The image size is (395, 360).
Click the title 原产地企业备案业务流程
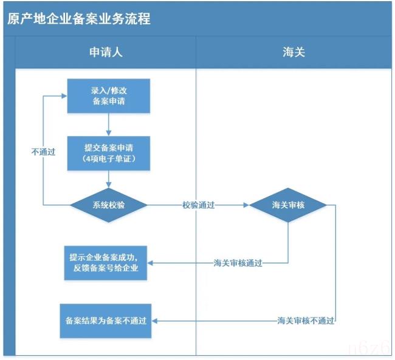point(79,19)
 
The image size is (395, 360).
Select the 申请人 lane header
point(106,52)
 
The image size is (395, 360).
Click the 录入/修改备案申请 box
point(109,96)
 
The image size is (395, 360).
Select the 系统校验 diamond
point(109,205)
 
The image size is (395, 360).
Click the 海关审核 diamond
point(288,205)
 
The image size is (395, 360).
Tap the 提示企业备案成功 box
point(106,263)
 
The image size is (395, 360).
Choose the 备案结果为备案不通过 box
point(106,320)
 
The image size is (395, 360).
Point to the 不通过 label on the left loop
point(43,152)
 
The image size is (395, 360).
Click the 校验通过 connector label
point(198,205)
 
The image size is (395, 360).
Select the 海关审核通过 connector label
point(238,263)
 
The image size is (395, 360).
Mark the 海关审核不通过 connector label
point(306,320)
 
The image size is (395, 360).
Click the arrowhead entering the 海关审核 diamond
point(246,205)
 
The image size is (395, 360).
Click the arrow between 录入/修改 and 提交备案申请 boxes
point(109,124)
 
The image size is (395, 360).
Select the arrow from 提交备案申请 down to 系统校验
point(109,180)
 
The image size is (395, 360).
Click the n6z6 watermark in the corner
point(370,347)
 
